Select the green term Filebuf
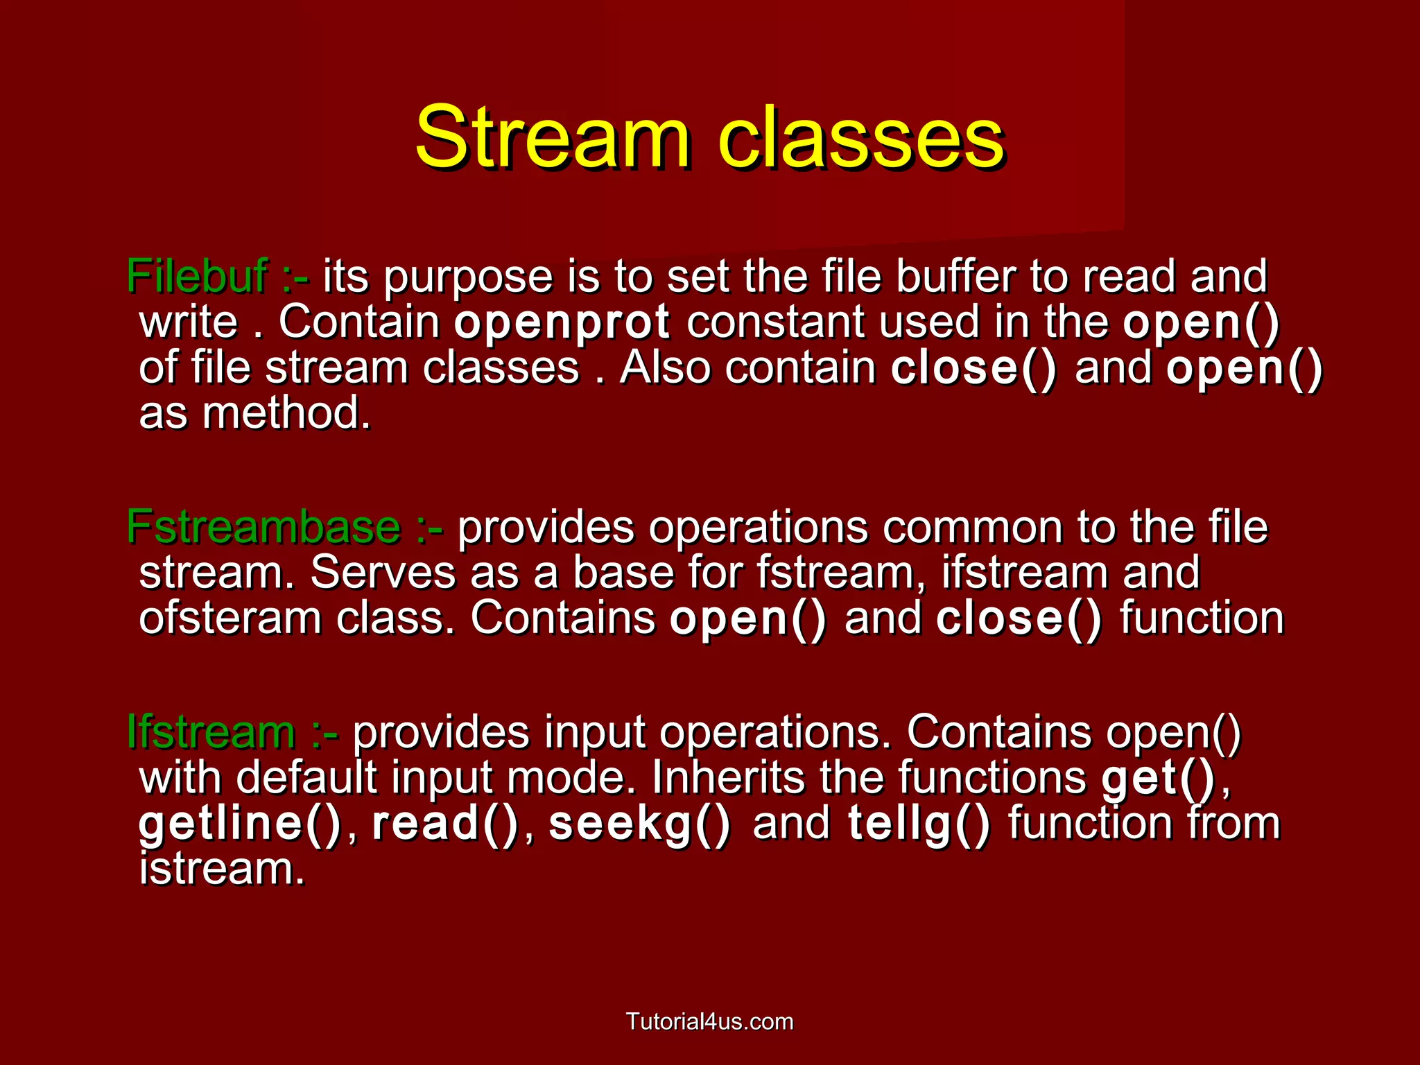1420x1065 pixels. pyautogui.click(x=197, y=276)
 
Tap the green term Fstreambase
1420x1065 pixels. pyautogui.click(x=263, y=527)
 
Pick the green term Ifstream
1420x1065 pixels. pyautogui.click(x=211, y=731)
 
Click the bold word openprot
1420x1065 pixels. pyautogui.click(x=562, y=322)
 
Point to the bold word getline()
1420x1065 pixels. pyautogui.click(x=240, y=823)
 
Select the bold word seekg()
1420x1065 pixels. pyautogui.click(x=639, y=823)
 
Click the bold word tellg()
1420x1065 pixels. pyautogui.click(x=919, y=823)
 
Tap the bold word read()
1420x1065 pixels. pyautogui.click(x=445, y=823)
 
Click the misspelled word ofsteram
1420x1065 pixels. pyautogui.click(x=230, y=618)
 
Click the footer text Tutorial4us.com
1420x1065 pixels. pyautogui.click(x=709, y=1021)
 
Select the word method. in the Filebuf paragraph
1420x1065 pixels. pyautogui.click(x=286, y=413)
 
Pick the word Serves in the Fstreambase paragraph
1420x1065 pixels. pyautogui.click(x=383, y=573)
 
